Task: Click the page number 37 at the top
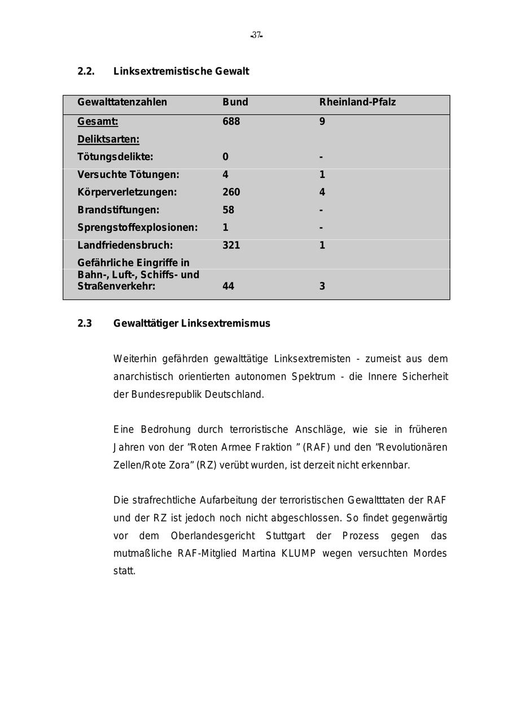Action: coord(257,35)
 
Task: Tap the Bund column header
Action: coord(235,102)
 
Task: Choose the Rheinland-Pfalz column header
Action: coord(357,102)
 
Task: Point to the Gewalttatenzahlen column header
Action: coord(122,102)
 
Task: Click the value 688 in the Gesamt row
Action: coord(231,121)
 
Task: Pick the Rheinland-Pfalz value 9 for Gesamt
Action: coord(322,121)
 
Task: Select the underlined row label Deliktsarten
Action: coord(108,140)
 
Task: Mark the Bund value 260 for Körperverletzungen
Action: coord(231,192)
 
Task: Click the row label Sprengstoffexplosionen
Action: coord(137,228)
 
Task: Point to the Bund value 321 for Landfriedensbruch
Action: coord(231,245)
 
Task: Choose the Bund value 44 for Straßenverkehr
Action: coord(228,286)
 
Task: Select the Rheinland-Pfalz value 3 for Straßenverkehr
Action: coord(322,286)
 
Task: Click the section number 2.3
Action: coord(84,323)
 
